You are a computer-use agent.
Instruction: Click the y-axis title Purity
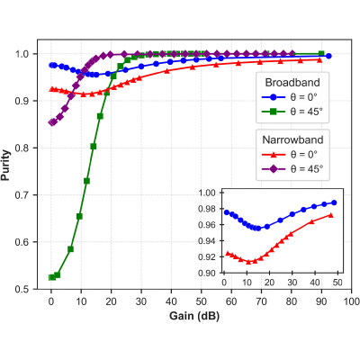click(5, 166)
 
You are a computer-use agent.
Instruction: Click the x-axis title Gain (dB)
click(194, 316)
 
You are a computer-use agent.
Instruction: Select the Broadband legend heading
click(292, 83)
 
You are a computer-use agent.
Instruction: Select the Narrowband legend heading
click(292, 139)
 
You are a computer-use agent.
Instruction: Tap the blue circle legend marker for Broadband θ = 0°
click(274, 97)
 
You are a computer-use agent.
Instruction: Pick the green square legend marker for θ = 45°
click(274, 112)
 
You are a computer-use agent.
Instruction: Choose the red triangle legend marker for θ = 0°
click(274, 155)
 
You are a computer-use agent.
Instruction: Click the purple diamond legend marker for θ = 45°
click(274, 169)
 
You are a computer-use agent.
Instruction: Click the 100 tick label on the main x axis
click(351, 301)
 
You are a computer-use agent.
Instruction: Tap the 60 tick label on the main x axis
click(231, 301)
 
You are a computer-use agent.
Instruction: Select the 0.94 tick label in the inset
click(207, 241)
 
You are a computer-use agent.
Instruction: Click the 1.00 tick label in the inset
click(207, 193)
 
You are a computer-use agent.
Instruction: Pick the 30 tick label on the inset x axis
click(292, 283)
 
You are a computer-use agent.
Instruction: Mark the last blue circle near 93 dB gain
click(328, 56)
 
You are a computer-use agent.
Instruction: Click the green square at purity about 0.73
click(86, 181)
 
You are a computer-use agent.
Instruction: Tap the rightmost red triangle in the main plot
click(319, 60)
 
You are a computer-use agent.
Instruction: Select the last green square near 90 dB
click(321, 54)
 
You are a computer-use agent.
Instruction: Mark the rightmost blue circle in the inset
click(334, 202)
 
